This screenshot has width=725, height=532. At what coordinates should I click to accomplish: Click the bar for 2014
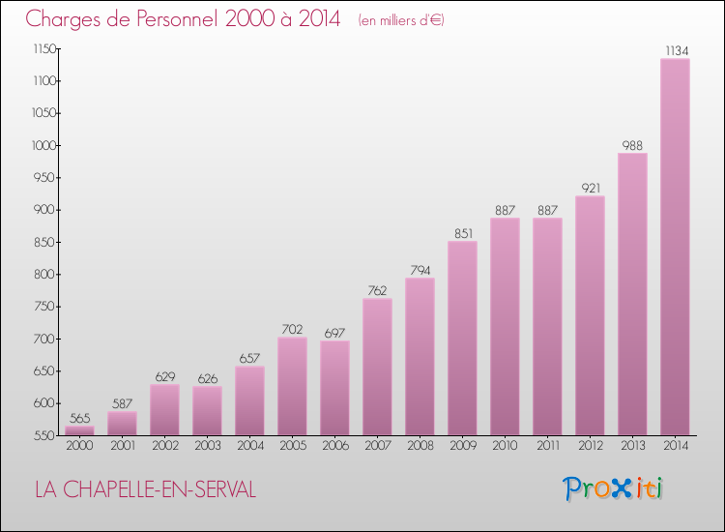click(x=675, y=247)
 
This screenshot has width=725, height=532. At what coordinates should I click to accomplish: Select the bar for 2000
click(x=79, y=430)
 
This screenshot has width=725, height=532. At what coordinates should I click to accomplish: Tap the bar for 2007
click(x=377, y=367)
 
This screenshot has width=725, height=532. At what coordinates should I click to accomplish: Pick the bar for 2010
click(x=505, y=327)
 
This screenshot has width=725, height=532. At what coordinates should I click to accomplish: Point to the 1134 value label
click(x=677, y=51)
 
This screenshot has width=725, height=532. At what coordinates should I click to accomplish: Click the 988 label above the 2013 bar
click(x=632, y=146)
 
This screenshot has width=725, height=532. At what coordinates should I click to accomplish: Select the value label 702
click(x=292, y=330)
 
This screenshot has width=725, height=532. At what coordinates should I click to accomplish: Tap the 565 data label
click(x=79, y=418)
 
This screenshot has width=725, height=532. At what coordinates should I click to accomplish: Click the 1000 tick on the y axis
click(x=44, y=146)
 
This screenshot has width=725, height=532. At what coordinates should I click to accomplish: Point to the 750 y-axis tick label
click(x=45, y=307)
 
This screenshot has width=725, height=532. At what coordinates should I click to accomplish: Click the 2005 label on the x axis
click(x=293, y=446)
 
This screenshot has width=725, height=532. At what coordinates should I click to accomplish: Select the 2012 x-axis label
click(x=591, y=446)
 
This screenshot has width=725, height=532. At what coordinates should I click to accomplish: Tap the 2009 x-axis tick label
click(x=463, y=446)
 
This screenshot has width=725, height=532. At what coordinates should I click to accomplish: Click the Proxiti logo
click(x=613, y=488)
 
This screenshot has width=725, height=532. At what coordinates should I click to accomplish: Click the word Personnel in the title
click(x=177, y=19)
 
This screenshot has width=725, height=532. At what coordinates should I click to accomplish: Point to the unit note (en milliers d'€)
click(x=401, y=20)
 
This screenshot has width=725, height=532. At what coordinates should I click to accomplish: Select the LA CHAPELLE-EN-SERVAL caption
click(x=146, y=489)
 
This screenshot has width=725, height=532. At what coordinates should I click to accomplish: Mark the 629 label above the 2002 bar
click(x=165, y=377)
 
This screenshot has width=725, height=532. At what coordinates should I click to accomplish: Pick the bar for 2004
click(x=249, y=400)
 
